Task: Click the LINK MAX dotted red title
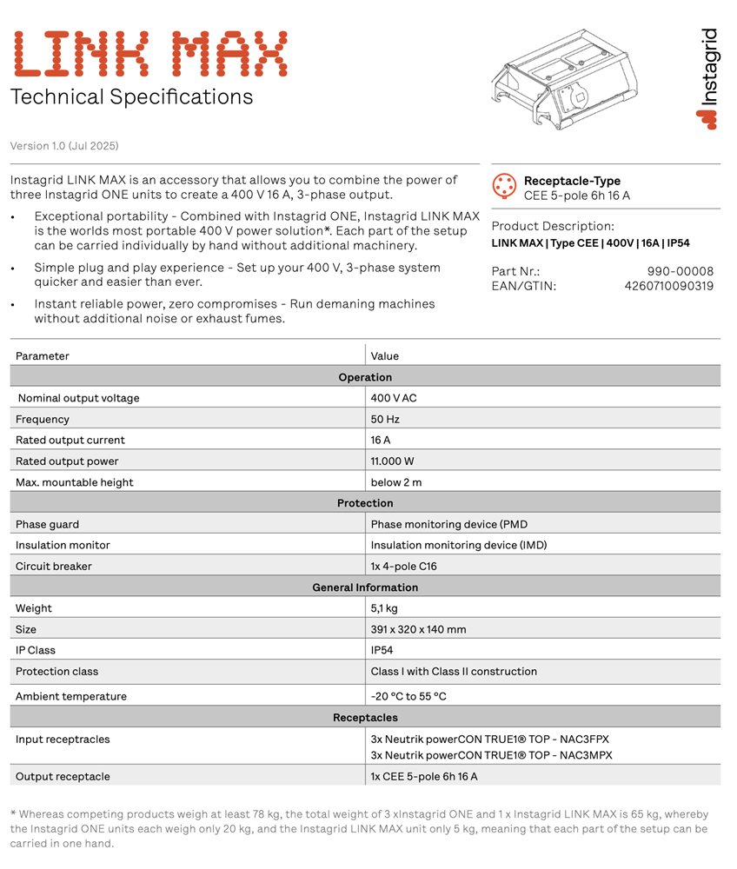click(x=149, y=55)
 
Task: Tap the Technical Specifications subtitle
click(x=131, y=96)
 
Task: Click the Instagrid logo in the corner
click(x=708, y=79)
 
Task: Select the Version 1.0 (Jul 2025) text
click(x=64, y=146)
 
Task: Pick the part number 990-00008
click(x=680, y=271)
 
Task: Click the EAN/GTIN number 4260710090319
click(x=668, y=286)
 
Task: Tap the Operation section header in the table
click(x=365, y=377)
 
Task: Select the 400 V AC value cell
click(x=394, y=398)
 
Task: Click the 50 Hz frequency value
click(x=385, y=419)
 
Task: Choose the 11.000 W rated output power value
click(x=392, y=461)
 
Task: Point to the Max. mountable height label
click(x=75, y=482)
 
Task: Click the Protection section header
click(x=365, y=503)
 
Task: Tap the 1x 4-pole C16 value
click(x=403, y=566)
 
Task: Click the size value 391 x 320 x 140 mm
click(x=418, y=629)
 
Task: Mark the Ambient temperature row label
click(x=71, y=696)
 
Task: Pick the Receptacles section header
click(x=365, y=718)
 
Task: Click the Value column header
click(x=385, y=355)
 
